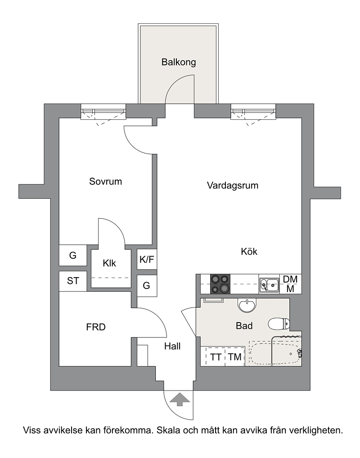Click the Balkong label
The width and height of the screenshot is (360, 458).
click(x=179, y=62)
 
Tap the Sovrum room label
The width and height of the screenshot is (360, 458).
click(x=105, y=181)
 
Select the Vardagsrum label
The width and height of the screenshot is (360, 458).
click(x=233, y=185)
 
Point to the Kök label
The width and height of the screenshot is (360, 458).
click(x=249, y=251)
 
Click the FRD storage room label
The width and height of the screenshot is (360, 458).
click(x=96, y=327)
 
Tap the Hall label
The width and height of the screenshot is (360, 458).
click(x=172, y=346)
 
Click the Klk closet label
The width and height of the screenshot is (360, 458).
click(x=109, y=263)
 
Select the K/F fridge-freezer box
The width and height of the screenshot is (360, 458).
click(x=147, y=259)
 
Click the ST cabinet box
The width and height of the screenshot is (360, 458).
click(x=73, y=281)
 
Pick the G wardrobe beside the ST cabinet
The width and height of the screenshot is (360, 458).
click(x=73, y=256)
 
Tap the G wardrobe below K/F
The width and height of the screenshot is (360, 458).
click(x=147, y=285)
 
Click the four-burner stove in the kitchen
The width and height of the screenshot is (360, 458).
click(x=220, y=284)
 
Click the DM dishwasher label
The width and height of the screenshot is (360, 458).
click(x=290, y=279)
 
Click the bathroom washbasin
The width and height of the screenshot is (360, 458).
click(x=247, y=305)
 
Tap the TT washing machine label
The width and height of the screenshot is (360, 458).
click(x=216, y=357)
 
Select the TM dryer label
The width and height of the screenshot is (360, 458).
click(x=235, y=357)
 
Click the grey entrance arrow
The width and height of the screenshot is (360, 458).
click(x=179, y=400)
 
